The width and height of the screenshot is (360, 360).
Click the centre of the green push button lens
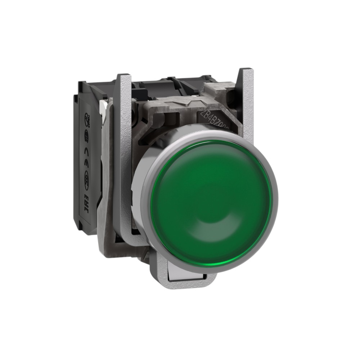[211, 202]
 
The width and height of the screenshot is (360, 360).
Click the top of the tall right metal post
[246, 72]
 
